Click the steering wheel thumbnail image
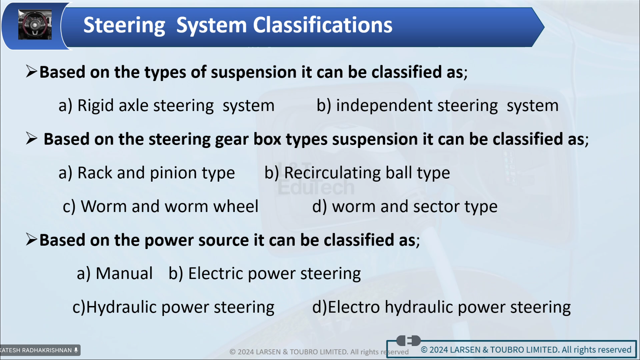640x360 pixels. point(35,25)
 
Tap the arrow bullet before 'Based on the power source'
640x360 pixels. point(31,240)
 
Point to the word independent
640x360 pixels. point(384,105)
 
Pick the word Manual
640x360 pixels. point(124,273)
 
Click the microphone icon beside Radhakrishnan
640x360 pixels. point(76,350)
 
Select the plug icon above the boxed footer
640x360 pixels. point(408,340)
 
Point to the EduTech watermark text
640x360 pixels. point(316,187)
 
